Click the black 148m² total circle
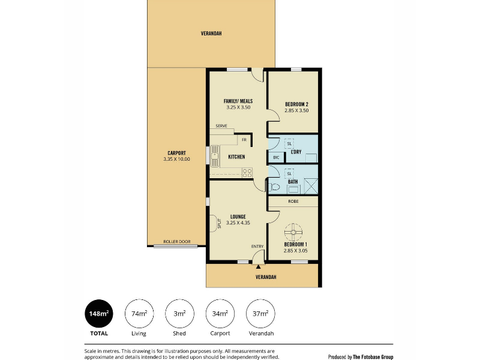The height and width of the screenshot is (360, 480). (x=99, y=314)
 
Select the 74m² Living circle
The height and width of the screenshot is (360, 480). (x=139, y=314)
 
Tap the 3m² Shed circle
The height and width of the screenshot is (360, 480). (x=179, y=314)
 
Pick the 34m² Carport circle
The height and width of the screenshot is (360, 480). (x=220, y=314)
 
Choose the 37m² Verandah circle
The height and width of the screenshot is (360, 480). (x=260, y=314)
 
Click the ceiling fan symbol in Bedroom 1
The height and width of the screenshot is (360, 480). (x=293, y=232)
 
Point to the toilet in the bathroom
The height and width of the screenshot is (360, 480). (x=274, y=187)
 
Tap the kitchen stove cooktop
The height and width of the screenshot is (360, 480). (x=247, y=173)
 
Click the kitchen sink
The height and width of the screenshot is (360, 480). (x=215, y=156)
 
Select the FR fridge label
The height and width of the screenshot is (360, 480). (x=244, y=140)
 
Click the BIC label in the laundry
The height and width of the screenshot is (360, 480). (x=276, y=158)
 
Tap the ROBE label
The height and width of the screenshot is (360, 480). (x=293, y=202)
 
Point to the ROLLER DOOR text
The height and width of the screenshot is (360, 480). (x=177, y=242)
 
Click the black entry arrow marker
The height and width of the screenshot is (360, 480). (x=259, y=267)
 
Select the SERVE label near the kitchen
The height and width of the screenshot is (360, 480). (x=221, y=126)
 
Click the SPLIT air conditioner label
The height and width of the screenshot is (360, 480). (x=219, y=223)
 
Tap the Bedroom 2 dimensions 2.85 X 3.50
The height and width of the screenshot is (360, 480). (x=296, y=110)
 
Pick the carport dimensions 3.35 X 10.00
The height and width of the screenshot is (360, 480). (x=176, y=159)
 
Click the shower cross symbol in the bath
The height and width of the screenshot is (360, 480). (x=311, y=186)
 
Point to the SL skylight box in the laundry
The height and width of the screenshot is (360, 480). (x=289, y=143)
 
